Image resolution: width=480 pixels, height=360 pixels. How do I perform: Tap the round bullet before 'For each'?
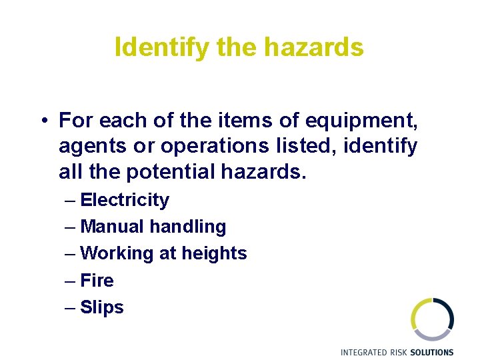[42, 121]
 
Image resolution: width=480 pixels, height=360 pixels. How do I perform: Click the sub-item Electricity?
[125, 200]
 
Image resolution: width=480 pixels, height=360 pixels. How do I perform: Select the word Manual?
[112, 227]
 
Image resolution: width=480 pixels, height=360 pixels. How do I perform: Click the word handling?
[188, 227]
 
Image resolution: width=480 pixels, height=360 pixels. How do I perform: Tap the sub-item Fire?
[97, 280]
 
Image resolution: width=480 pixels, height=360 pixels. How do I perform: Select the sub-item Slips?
[102, 307]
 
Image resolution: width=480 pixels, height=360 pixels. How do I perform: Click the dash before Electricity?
[71, 200]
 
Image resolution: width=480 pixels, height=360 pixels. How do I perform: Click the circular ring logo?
[432, 319]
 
